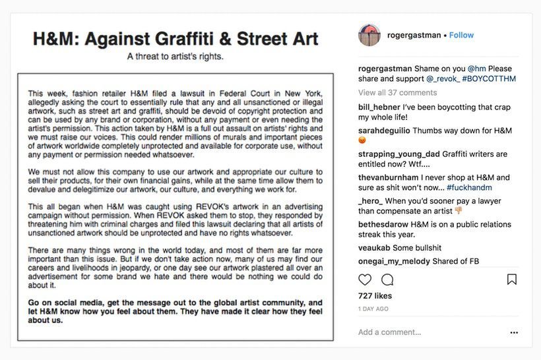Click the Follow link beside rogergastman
click(x=461, y=35)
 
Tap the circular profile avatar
click(x=369, y=35)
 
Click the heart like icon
click(x=365, y=280)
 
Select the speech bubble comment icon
click(x=387, y=280)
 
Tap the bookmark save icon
click(x=511, y=280)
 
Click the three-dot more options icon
click(x=514, y=332)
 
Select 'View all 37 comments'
click(x=397, y=92)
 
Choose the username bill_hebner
click(x=382, y=107)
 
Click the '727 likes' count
click(x=375, y=296)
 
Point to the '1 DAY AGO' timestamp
click(x=373, y=309)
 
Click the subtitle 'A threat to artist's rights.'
click(x=175, y=56)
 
